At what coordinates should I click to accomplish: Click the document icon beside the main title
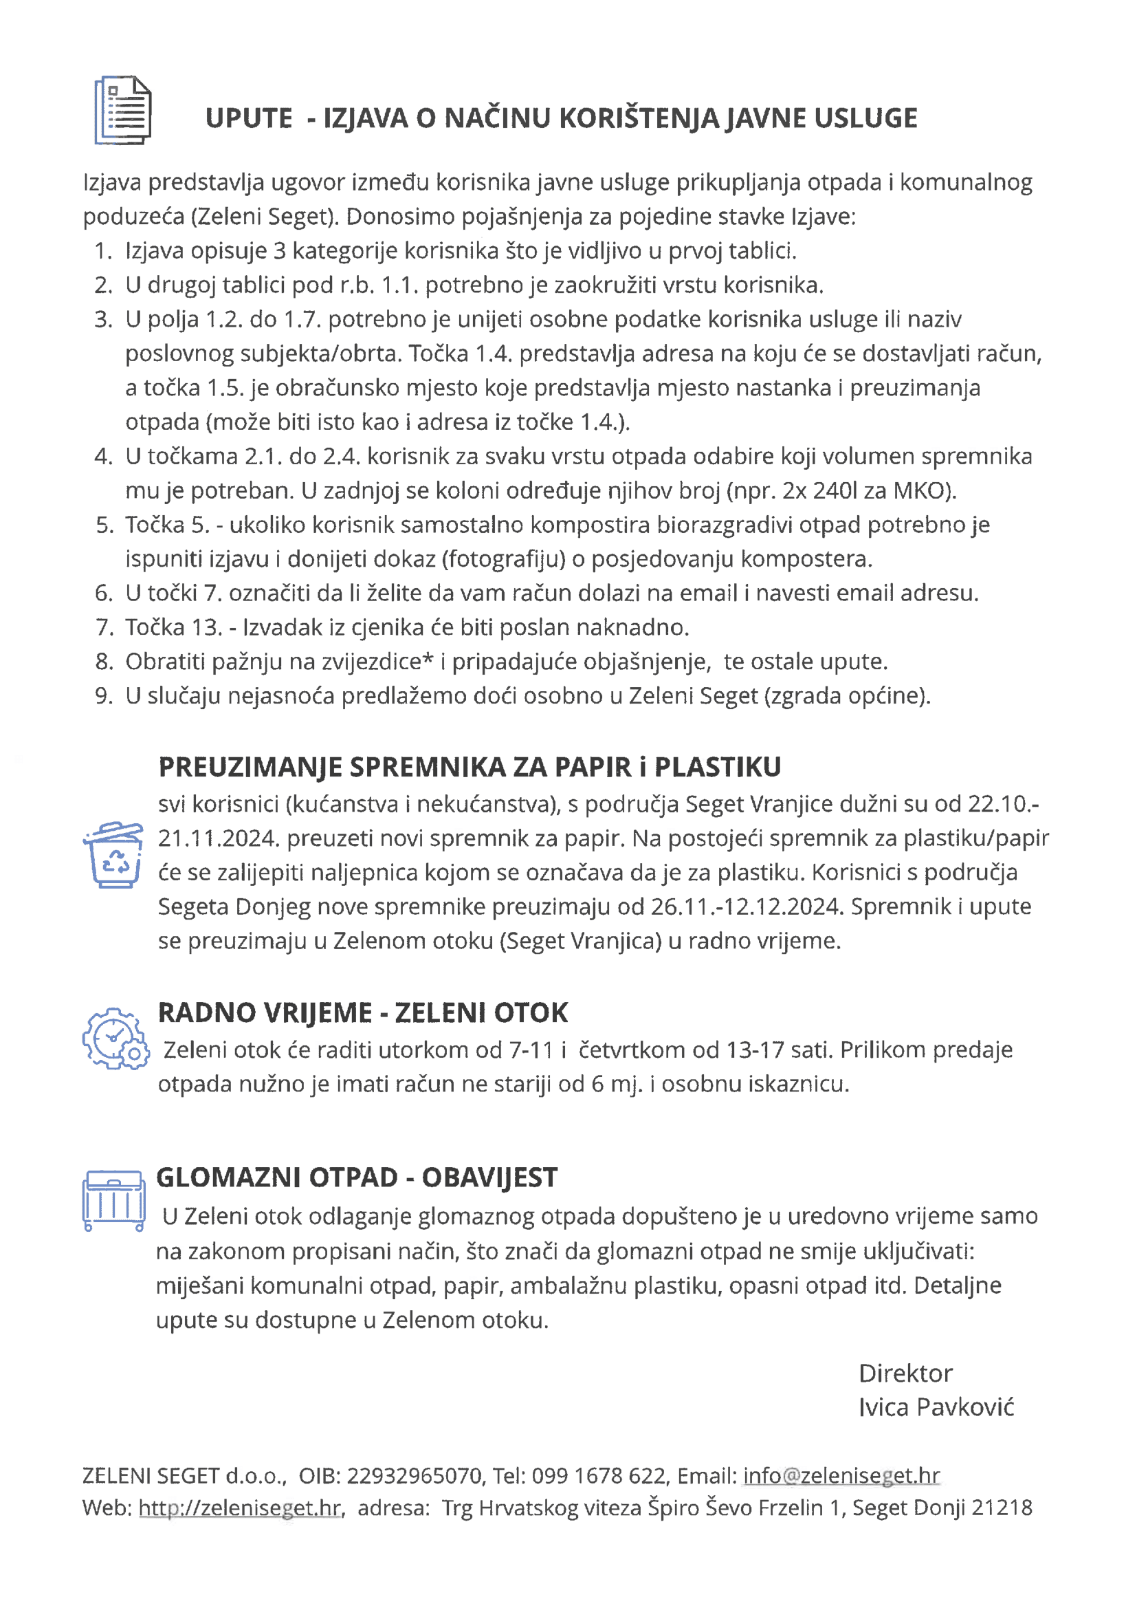[x=123, y=110]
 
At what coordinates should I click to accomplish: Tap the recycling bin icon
[x=113, y=854]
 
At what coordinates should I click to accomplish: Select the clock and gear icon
[x=115, y=1039]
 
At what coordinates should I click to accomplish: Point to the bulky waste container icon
[x=114, y=1200]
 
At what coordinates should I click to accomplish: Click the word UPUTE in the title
[x=249, y=118]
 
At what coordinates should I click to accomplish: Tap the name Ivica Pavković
[x=936, y=1407]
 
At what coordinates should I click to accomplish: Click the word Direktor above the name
[x=905, y=1373]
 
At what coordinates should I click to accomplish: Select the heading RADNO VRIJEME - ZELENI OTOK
[x=363, y=1012]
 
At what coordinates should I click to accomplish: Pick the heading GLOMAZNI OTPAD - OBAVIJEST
[x=356, y=1177]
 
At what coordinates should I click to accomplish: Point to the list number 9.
[x=104, y=696]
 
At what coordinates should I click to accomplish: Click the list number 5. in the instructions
[x=104, y=525]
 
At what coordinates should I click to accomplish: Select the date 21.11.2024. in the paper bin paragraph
[x=219, y=838]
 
